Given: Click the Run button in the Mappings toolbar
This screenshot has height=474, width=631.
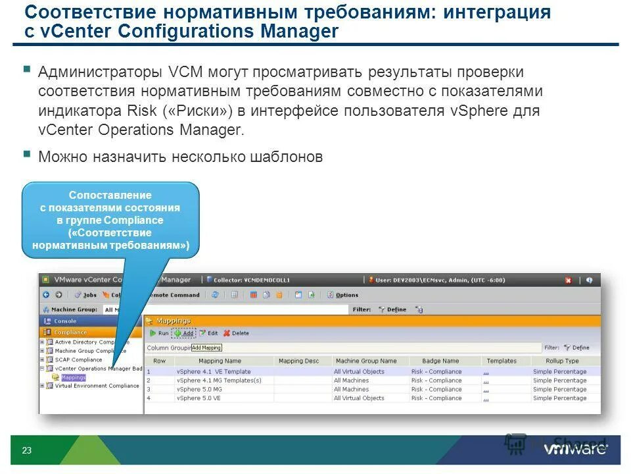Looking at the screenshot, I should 158,334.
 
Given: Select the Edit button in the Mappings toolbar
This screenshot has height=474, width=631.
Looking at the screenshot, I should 208,334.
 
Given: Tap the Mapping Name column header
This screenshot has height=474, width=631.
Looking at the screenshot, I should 219,361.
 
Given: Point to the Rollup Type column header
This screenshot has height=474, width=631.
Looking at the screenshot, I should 562,361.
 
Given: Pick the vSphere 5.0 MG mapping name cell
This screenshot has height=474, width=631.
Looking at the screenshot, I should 199,389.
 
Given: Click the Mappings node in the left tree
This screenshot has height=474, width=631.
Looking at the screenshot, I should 73,378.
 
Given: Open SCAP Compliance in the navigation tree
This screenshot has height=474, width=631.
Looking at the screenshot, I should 78,360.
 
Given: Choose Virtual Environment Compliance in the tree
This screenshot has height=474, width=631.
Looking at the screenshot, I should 97,386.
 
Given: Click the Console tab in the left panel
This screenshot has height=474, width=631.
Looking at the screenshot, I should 65,321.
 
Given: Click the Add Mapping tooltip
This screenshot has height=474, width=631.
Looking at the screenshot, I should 206,348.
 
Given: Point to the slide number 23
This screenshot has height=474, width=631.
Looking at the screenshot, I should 27,451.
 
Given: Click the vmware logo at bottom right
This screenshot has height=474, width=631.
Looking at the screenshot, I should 575,450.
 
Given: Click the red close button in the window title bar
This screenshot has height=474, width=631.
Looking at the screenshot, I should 568,280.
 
